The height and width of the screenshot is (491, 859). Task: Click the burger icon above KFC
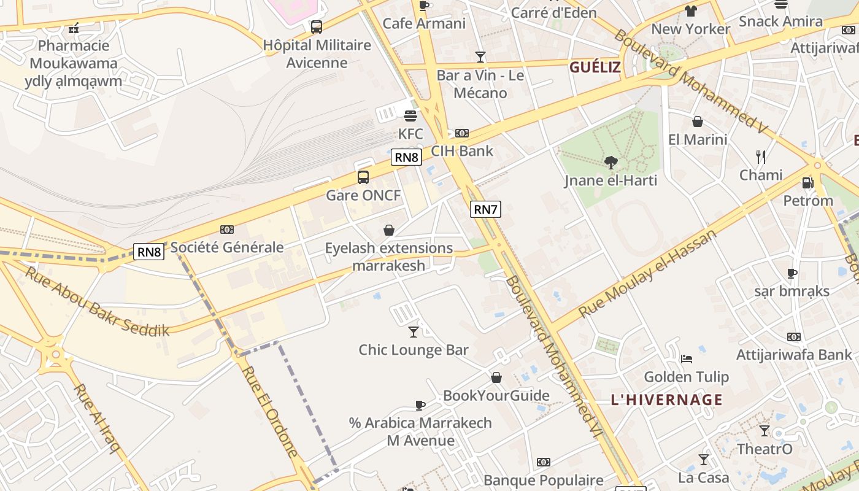(410, 115)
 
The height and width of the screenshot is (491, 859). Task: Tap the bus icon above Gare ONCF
(363, 177)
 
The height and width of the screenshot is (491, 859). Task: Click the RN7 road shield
(485, 209)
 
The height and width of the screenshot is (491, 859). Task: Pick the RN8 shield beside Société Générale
(149, 251)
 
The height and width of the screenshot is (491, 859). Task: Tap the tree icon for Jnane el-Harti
(611, 162)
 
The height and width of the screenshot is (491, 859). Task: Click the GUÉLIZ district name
(595, 68)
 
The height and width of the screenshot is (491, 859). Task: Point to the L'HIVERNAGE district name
(666, 400)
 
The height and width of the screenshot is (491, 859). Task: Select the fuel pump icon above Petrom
(807, 182)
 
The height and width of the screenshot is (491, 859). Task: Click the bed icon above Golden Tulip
(687, 358)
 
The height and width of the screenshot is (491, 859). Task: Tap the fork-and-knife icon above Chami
(761, 157)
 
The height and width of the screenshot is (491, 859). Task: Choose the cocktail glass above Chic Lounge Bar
(414, 331)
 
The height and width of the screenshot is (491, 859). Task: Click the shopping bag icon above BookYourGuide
(496, 377)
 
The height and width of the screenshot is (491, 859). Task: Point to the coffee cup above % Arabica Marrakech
(420, 405)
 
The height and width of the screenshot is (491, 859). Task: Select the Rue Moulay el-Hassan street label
(647, 274)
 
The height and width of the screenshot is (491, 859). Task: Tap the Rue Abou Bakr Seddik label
(97, 301)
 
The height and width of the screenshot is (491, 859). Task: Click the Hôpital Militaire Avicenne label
(317, 53)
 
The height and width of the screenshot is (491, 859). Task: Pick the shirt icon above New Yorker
(691, 10)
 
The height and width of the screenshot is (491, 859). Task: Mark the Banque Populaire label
(543, 480)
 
